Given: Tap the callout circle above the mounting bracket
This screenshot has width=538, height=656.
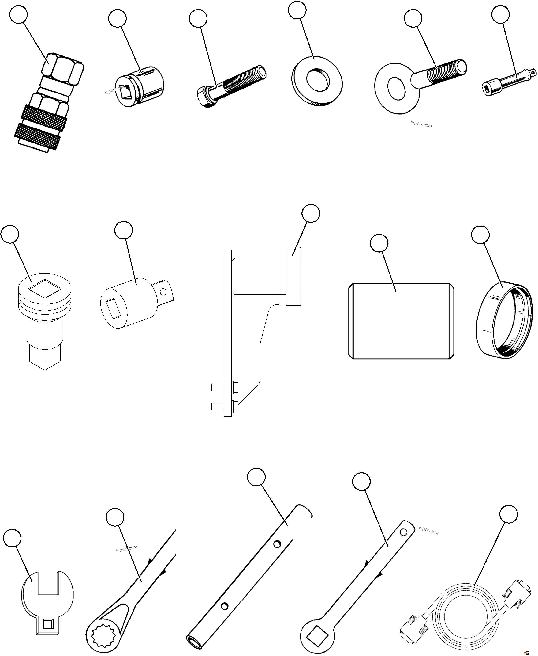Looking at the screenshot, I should [x=311, y=213].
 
